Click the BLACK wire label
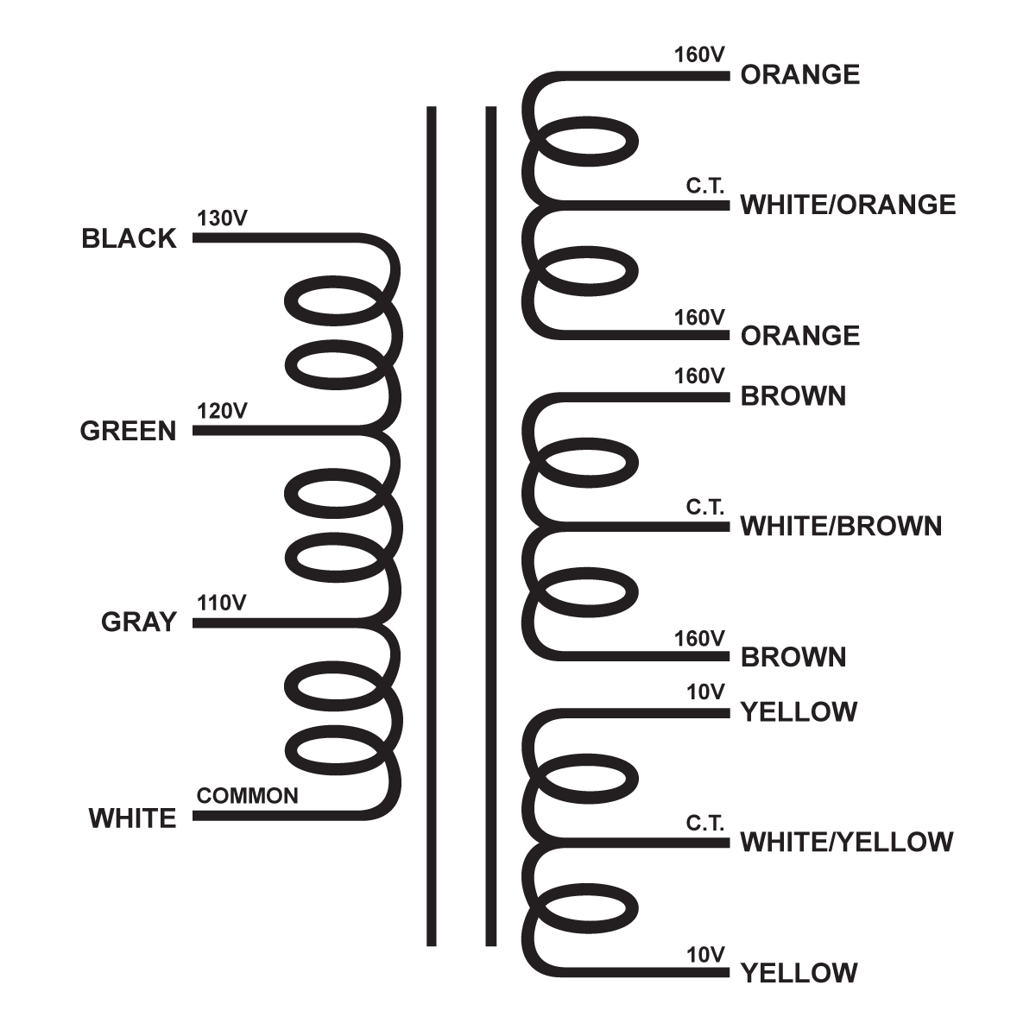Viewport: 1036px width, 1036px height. tap(129, 239)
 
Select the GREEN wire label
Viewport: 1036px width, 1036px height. tap(128, 431)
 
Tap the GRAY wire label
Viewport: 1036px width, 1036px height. tap(138, 622)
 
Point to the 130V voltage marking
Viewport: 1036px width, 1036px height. tap(223, 218)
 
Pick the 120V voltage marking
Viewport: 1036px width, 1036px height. tap(223, 411)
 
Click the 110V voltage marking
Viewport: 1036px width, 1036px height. tap(222, 603)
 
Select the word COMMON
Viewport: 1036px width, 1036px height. tap(248, 795)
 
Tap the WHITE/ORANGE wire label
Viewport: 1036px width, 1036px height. tap(848, 205)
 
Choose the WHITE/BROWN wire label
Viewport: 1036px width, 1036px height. tap(841, 526)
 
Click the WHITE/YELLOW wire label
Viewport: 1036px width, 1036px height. tap(846, 842)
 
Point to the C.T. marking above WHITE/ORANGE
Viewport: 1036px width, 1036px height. tap(705, 186)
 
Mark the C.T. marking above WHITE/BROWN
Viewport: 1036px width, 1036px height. tap(705, 507)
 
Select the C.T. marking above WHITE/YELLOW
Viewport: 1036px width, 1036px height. tap(705, 824)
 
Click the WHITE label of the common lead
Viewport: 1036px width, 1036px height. tap(132, 818)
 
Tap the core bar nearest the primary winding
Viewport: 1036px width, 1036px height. tap(432, 527)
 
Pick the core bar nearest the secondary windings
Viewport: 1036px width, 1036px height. tap(491, 527)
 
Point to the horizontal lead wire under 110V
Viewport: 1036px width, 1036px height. tap(276, 622)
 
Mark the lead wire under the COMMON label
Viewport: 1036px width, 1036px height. tap(276, 815)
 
